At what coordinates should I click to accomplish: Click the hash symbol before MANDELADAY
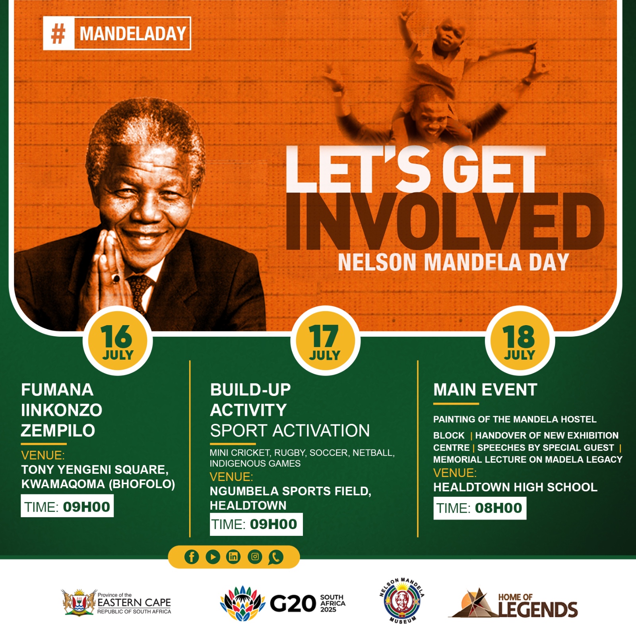tap(58, 33)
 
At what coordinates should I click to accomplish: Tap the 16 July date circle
tap(118, 341)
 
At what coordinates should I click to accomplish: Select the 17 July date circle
tap(325, 341)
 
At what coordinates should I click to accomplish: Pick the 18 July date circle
tap(520, 341)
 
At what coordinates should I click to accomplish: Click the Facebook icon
tap(192, 557)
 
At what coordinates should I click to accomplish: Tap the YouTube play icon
tap(213, 557)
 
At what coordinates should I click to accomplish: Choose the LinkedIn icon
tap(233, 557)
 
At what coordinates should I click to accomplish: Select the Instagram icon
tap(255, 557)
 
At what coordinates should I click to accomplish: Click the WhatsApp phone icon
tap(275, 557)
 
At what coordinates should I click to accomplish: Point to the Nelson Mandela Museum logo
tap(402, 601)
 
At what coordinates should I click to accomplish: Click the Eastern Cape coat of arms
tap(79, 602)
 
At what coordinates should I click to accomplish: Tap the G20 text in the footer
tap(293, 604)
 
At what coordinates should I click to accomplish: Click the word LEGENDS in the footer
tap(537, 609)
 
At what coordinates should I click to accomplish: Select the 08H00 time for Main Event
tap(498, 508)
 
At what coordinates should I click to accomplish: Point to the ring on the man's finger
tap(116, 278)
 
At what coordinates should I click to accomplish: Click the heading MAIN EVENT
tap(485, 390)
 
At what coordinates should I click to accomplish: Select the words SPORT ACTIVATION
tap(290, 430)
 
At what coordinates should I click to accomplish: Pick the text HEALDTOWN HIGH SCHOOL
tap(515, 487)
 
